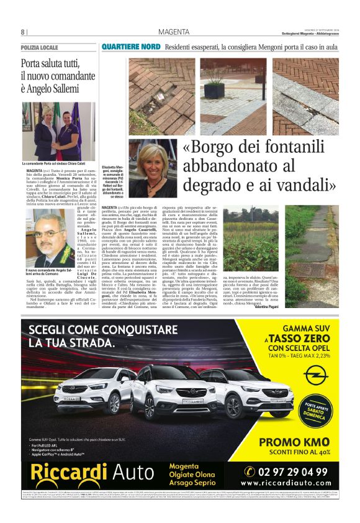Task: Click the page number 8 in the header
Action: pos(22,32)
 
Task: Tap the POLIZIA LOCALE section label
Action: pos(40,47)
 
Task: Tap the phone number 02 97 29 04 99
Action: pos(294,472)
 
